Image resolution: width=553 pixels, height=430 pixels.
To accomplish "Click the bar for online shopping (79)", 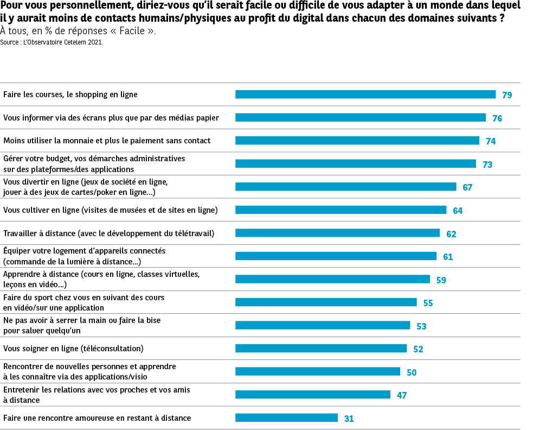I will pyautogui.click(x=365, y=94).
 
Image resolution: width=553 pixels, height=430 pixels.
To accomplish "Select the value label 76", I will pyautogui.click(x=497, y=118).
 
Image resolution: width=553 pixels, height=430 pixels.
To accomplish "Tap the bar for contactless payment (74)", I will pyautogui.click(x=357, y=141).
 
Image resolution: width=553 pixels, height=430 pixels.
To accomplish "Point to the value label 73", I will pyautogui.click(x=487, y=165).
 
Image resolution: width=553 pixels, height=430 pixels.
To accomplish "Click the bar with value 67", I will pyautogui.click(x=346, y=187).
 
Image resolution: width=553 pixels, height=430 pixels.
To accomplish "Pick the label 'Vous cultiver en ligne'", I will pyautogui.click(x=111, y=210).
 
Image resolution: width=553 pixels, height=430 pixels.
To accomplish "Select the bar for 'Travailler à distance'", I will pyautogui.click(x=337, y=233).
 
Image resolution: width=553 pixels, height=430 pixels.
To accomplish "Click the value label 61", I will pyautogui.click(x=448, y=257).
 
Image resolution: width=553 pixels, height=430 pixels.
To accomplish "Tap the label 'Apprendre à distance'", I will pyautogui.click(x=101, y=279).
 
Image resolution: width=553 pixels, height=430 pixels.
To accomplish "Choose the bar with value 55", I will pyautogui.click(x=326, y=302).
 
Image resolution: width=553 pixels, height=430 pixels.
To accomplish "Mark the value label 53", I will pyautogui.click(x=421, y=326).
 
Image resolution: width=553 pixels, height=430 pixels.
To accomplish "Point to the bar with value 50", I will pyautogui.click(x=318, y=371).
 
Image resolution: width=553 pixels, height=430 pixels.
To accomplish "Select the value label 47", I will pyautogui.click(x=402, y=395).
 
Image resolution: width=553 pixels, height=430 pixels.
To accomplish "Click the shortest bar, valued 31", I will pyautogui.click(x=286, y=418).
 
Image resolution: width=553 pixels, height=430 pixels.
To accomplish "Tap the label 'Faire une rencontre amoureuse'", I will pyautogui.click(x=97, y=418).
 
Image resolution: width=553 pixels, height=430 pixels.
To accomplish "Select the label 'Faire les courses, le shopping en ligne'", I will pyautogui.click(x=70, y=94).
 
